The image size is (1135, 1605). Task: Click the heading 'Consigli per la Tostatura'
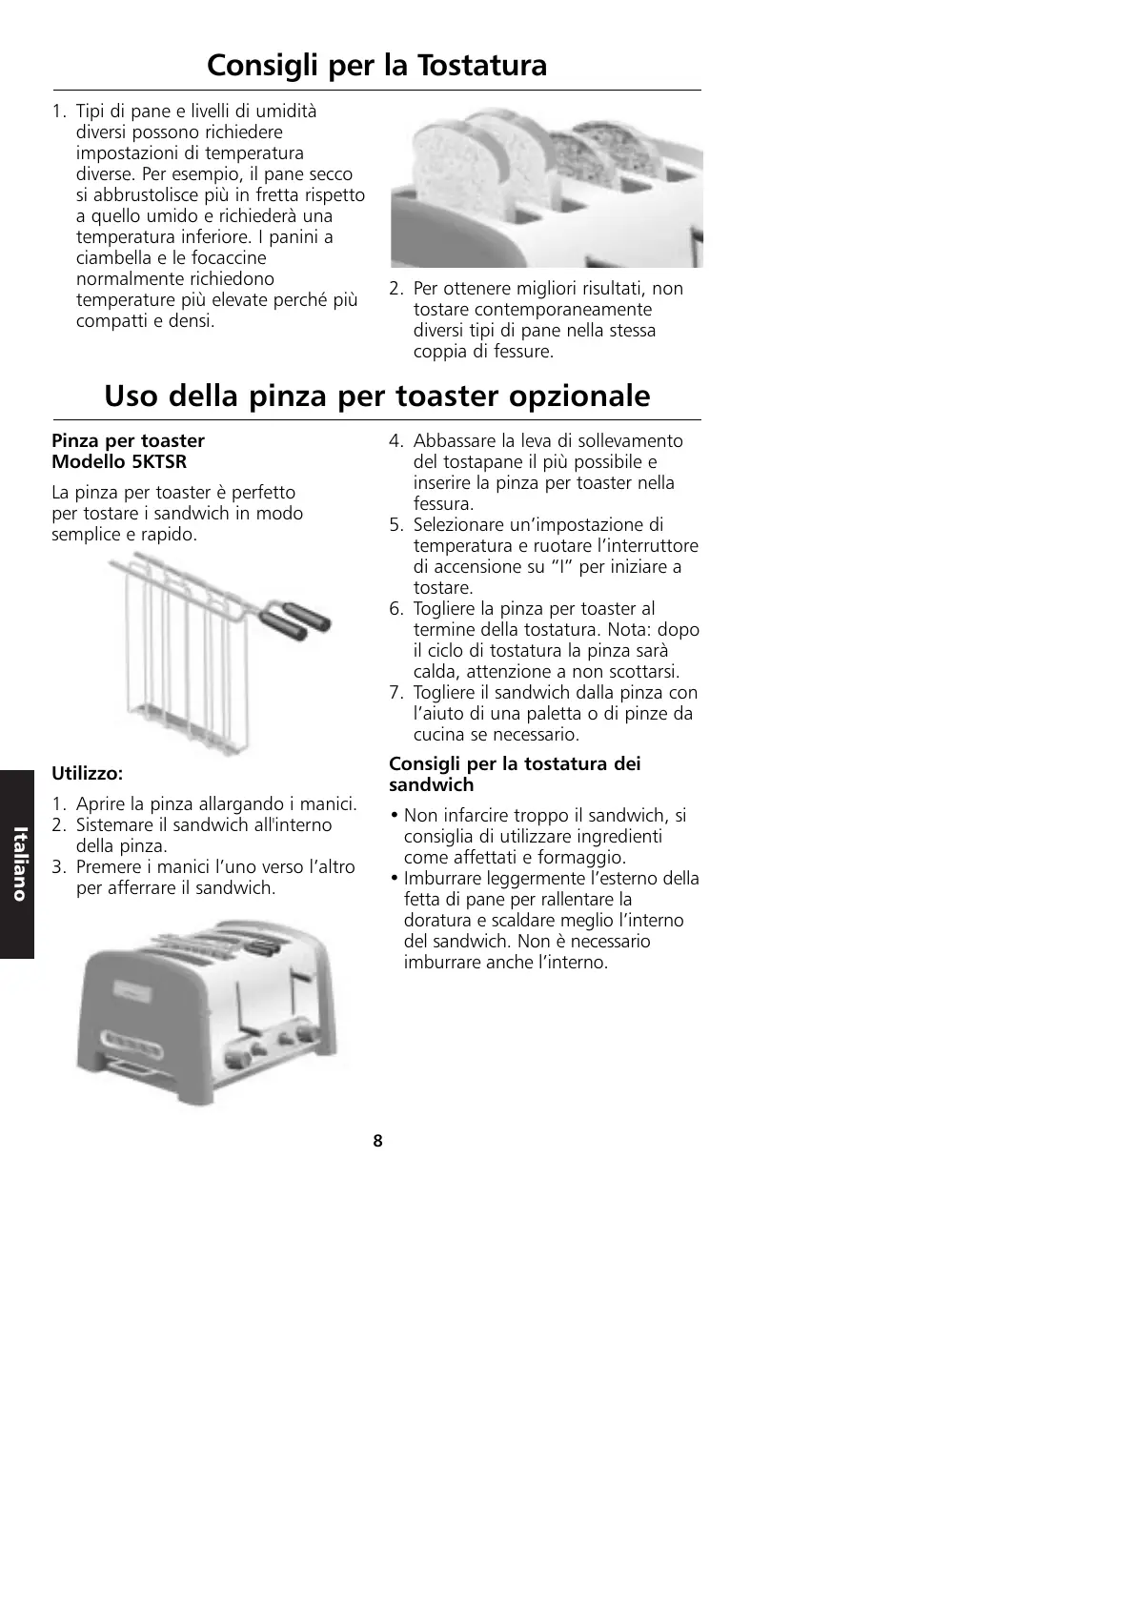tap(376, 65)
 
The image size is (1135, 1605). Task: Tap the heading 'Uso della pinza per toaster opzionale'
tap(376, 396)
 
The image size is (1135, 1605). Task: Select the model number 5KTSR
tap(159, 462)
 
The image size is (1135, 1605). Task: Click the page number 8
tap(377, 1141)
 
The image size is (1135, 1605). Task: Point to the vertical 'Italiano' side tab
tap(17, 863)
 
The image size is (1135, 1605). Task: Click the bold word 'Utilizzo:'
tap(87, 773)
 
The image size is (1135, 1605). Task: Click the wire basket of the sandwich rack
tap(181, 658)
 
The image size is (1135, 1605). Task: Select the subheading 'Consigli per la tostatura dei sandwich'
tap(515, 774)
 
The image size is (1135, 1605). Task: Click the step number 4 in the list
tap(395, 441)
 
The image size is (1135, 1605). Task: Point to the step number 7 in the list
tap(395, 693)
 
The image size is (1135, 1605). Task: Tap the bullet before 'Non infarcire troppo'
tap(395, 816)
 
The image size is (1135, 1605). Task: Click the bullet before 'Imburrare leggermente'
tap(395, 879)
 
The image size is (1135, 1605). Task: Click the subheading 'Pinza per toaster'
tap(128, 441)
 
